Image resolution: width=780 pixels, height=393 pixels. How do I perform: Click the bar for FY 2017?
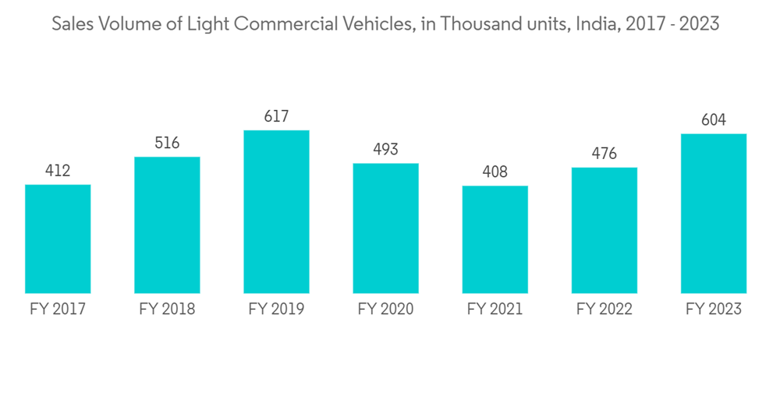point(58,239)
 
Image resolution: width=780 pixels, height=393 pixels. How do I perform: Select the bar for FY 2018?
point(167,225)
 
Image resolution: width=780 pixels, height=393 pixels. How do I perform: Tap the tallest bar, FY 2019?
point(276,211)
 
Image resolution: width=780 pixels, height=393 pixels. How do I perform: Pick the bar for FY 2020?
point(385,228)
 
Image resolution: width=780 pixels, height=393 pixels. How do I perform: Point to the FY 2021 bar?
point(495,239)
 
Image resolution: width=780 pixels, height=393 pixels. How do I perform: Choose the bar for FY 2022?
point(604,230)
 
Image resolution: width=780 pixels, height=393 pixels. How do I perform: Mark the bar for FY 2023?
point(713,213)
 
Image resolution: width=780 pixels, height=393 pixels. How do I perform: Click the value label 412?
point(58,170)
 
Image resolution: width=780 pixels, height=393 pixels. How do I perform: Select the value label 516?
point(167,143)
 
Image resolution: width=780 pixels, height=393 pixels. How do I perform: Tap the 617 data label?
point(276,116)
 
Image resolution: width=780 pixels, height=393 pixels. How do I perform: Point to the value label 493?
point(385,149)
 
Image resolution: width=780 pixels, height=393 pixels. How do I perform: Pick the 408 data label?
point(495,172)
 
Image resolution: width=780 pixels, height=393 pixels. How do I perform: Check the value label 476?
point(604,154)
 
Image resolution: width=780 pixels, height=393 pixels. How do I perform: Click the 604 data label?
point(713,120)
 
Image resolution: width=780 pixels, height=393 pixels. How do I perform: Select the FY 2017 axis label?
point(58,309)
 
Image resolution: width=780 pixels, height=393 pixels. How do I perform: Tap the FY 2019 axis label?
point(276,309)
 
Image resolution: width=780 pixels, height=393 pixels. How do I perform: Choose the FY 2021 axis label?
point(495,309)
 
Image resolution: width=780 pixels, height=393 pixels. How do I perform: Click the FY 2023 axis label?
point(713,309)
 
